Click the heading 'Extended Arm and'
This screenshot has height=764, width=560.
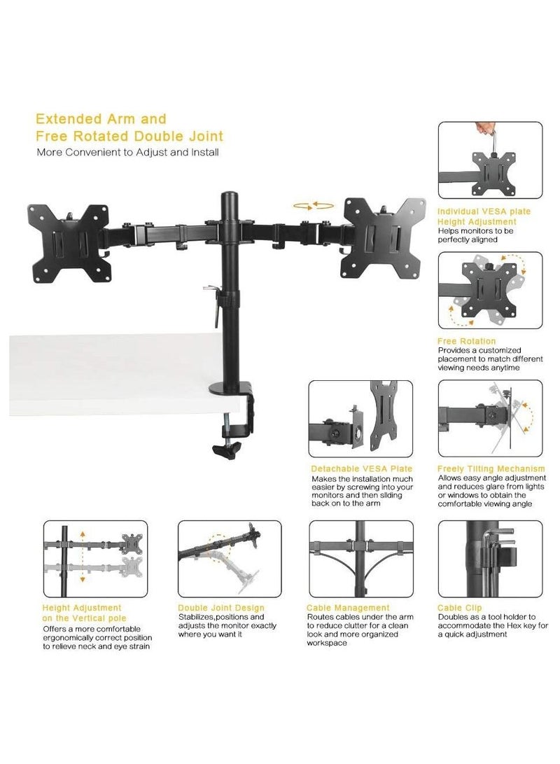pos(101,118)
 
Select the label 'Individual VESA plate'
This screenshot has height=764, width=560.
pos(484,211)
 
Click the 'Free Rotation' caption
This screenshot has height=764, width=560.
pos(466,341)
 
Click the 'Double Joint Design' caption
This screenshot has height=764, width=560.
pos(221,608)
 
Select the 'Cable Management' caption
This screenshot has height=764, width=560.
pos(348,608)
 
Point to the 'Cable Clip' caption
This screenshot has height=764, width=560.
pos(459,608)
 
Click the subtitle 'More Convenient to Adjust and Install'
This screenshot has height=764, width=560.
pos(128,151)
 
